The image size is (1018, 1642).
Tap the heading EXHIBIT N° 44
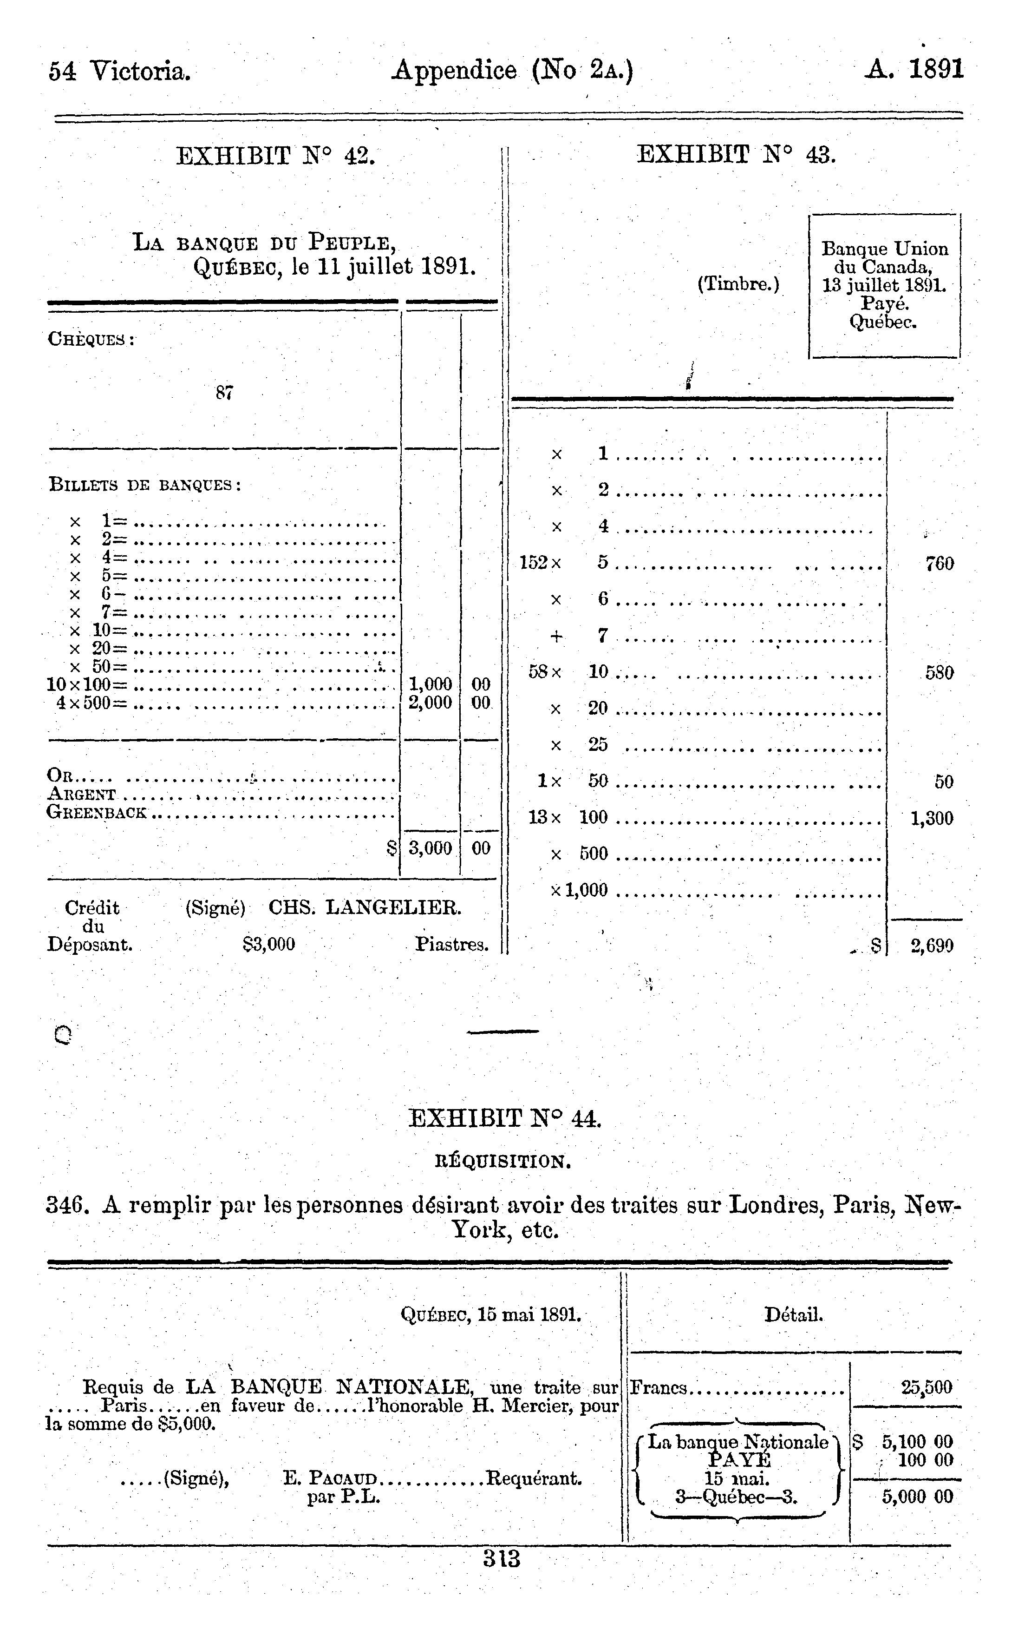click(x=504, y=1119)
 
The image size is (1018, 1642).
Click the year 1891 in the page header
click(x=937, y=69)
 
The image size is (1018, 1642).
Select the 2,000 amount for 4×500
click(x=430, y=703)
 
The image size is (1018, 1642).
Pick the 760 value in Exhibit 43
click(x=939, y=564)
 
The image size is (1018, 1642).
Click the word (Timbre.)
click(x=738, y=284)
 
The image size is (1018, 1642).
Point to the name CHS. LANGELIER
click(x=365, y=908)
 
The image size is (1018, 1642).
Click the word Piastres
click(x=451, y=944)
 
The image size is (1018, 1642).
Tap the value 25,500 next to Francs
click(x=927, y=1387)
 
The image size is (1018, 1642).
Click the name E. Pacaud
click(x=329, y=1479)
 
